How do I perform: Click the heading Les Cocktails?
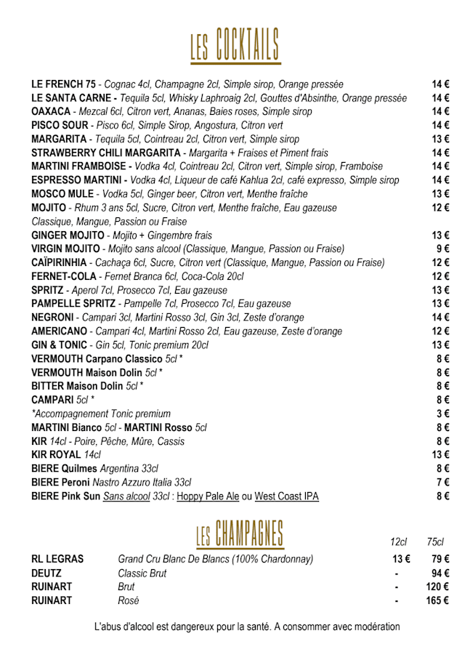[234, 44]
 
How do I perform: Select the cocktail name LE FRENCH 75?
[63, 84]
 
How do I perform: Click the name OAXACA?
[51, 112]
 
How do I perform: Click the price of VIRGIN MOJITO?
[443, 249]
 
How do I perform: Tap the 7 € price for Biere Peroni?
[443, 483]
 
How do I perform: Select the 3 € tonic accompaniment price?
[443, 414]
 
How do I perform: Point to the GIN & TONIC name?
[60, 345]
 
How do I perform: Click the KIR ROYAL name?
[57, 455]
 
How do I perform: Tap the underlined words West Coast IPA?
[286, 496]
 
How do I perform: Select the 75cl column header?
[435, 542]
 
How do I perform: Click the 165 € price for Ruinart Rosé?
[437, 601]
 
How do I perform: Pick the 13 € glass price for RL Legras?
[401, 559]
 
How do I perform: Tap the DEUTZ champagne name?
[46, 574]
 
